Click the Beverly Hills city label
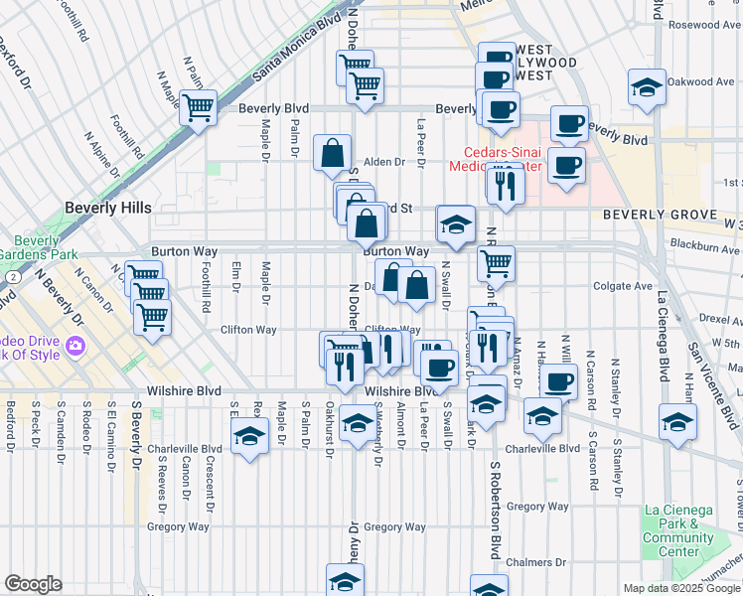point(108,208)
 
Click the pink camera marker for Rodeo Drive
point(75,349)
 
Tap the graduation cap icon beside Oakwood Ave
point(647,86)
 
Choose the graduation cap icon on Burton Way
point(456,224)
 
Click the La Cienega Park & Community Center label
point(678,530)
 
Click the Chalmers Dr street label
point(527,561)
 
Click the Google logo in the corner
point(33,584)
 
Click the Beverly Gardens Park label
point(39,247)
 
